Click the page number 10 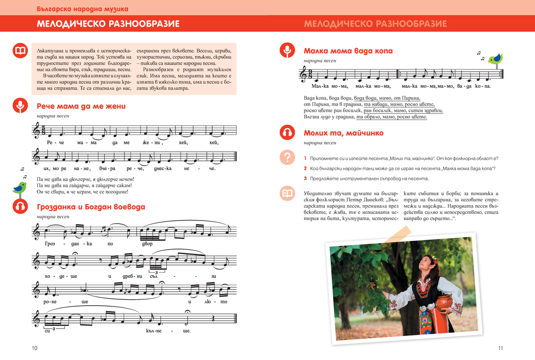pos(34,348)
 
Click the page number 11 pos(500,348)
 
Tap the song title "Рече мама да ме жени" pos(81,106)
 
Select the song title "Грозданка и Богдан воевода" pos(91,207)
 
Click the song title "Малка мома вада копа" pos(348,51)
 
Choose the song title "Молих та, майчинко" pos(343,133)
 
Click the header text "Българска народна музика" pos(82,8)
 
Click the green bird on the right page pos(495,58)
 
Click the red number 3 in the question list pos(305,179)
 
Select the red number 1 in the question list pos(305,159)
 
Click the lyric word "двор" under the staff pos(147,244)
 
